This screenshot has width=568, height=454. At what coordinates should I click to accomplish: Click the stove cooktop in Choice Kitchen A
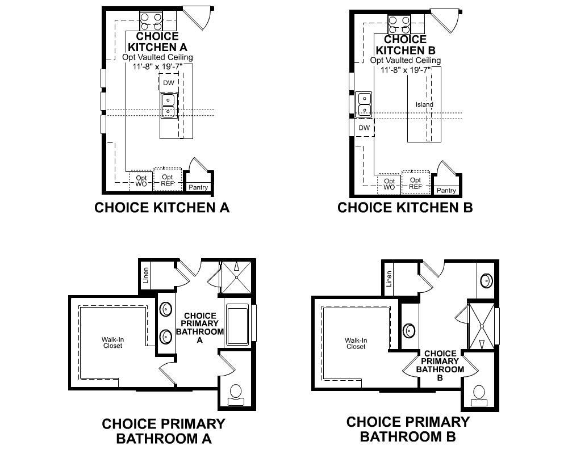point(151,21)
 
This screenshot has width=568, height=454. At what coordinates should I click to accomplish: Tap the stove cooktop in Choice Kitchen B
point(399,24)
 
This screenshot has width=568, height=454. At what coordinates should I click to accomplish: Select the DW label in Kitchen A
point(169,83)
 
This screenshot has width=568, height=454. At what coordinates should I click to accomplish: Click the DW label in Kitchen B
point(364,128)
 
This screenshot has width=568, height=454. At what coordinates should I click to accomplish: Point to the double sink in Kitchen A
point(169,106)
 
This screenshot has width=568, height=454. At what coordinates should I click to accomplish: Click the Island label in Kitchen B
point(424,104)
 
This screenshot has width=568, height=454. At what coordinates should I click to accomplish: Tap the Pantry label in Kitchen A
point(198,187)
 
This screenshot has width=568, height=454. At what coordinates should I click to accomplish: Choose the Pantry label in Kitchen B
point(446,191)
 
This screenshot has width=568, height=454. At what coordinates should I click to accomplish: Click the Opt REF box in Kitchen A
point(168,179)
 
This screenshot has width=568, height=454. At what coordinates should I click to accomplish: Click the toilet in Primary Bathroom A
point(236,395)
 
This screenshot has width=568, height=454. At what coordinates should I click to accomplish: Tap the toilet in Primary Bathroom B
point(479,396)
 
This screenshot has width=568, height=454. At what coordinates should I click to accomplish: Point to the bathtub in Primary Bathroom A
point(237,327)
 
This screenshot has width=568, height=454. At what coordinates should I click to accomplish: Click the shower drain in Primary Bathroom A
point(236,278)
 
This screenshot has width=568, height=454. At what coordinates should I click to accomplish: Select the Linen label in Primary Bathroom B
point(389,279)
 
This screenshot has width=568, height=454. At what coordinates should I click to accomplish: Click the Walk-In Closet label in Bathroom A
point(112,343)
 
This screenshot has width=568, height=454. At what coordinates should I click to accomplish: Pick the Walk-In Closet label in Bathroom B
point(356,343)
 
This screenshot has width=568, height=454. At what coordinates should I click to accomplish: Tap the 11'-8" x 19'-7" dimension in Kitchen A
point(157,66)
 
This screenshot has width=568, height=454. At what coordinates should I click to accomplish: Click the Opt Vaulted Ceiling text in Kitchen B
point(406,60)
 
